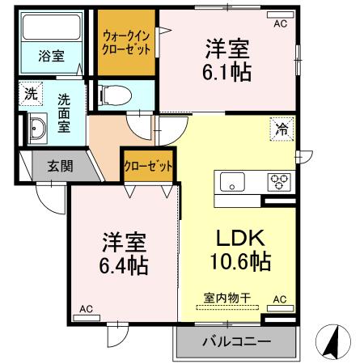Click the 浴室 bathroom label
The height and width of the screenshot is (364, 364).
[53, 56]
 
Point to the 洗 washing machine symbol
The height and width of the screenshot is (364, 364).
[30, 94]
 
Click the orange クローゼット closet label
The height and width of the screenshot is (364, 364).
[148, 167]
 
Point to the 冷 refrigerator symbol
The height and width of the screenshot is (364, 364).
[282, 129]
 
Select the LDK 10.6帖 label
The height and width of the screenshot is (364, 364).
[239, 250]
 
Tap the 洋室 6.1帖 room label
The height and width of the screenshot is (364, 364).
[226, 60]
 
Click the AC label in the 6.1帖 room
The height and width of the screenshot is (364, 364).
[280, 24]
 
